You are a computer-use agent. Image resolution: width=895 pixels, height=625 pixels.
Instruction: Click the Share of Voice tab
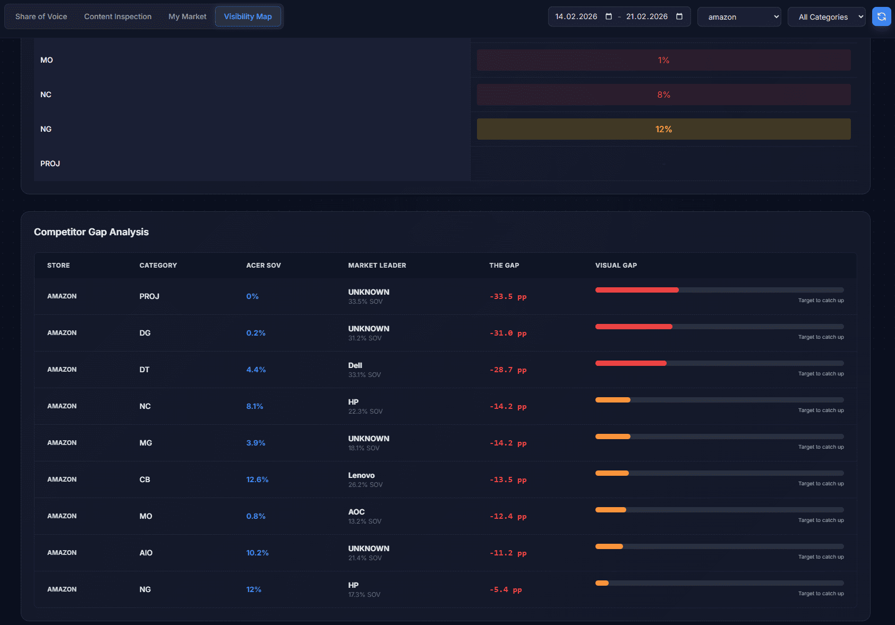(41, 16)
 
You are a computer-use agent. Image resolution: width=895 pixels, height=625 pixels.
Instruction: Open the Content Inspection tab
(117, 16)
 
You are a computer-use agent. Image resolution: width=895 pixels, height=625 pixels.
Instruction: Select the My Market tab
(187, 16)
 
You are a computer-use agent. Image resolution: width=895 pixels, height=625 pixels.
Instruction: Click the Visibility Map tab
(248, 16)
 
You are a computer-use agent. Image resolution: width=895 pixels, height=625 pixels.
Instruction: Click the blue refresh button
(881, 16)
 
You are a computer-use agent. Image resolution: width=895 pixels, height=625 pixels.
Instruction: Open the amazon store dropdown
(738, 17)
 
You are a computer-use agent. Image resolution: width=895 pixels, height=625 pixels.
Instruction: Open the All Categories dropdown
(826, 17)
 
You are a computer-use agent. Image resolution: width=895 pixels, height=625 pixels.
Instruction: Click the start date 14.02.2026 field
(576, 16)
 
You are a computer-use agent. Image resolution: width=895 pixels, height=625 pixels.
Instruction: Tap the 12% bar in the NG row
(663, 129)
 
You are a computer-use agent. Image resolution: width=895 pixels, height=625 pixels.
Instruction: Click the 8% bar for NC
(663, 95)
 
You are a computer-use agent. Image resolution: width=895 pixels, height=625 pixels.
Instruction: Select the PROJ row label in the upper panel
(50, 164)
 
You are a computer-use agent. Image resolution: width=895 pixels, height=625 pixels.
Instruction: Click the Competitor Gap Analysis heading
(91, 232)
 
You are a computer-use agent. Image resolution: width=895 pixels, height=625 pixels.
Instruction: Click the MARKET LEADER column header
(377, 266)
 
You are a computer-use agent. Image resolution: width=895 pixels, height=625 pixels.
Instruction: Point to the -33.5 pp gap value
(507, 297)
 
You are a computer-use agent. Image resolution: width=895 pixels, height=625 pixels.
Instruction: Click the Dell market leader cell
(355, 366)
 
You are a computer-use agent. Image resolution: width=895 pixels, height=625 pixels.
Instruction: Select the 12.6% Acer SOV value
(257, 480)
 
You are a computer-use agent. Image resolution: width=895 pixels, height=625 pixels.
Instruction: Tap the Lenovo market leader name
(361, 475)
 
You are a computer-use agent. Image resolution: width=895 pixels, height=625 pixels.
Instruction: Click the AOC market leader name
(356, 512)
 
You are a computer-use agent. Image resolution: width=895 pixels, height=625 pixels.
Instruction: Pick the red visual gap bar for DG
(633, 327)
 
